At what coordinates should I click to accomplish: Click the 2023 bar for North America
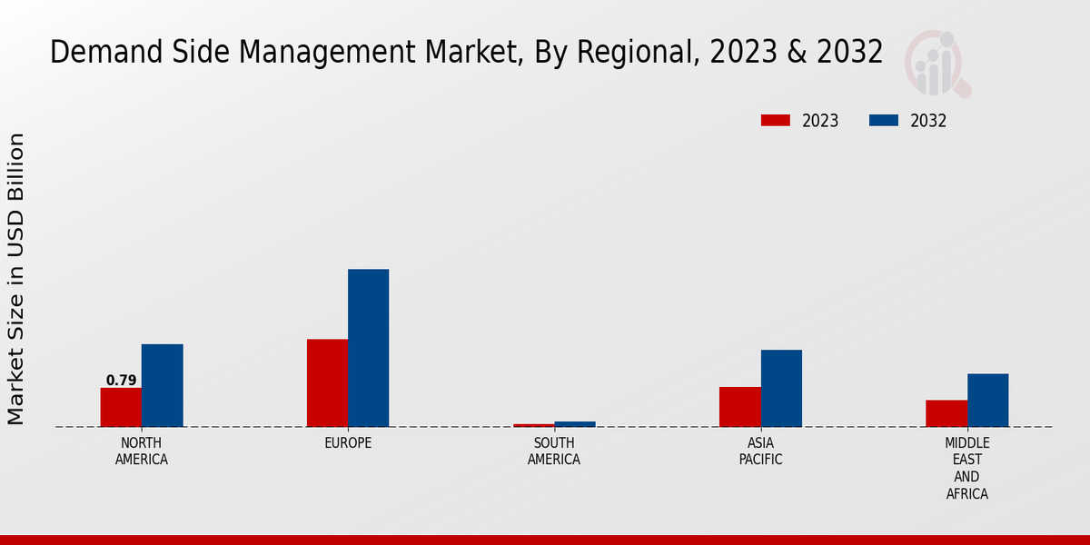pyautogui.click(x=121, y=408)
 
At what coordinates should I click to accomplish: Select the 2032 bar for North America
pyautogui.click(x=162, y=386)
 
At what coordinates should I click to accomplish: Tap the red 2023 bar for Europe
pyautogui.click(x=327, y=383)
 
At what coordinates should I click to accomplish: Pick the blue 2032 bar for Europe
pyautogui.click(x=368, y=348)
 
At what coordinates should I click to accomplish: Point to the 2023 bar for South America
pyautogui.click(x=533, y=425)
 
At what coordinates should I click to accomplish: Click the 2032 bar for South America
pyautogui.click(x=575, y=424)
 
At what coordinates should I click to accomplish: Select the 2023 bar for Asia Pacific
pyautogui.click(x=739, y=407)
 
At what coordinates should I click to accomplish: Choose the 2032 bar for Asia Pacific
pyautogui.click(x=781, y=389)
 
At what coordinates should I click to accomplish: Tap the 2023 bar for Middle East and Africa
pyautogui.click(x=946, y=413)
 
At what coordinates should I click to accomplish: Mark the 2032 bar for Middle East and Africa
pyautogui.click(x=987, y=401)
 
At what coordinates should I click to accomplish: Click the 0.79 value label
pyautogui.click(x=121, y=381)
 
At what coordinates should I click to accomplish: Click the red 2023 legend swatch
pyautogui.click(x=776, y=121)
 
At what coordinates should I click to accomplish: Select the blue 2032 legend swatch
pyautogui.click(x=884, y=121)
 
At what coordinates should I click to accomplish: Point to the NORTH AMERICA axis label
pyautogui.click(x=142, y=451)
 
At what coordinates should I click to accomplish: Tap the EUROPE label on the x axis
pyautogui.click(x=348, y=443)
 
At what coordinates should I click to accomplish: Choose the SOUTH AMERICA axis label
pyautogui.click(x=554, y=451)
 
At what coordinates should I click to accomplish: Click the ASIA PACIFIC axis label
pyautogui.click(x=760, y=451)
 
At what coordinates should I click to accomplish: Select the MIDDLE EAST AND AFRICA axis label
pyautogui.click(x=966, y=469)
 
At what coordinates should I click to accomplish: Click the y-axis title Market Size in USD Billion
pyautogui.click(x=16, y=279)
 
